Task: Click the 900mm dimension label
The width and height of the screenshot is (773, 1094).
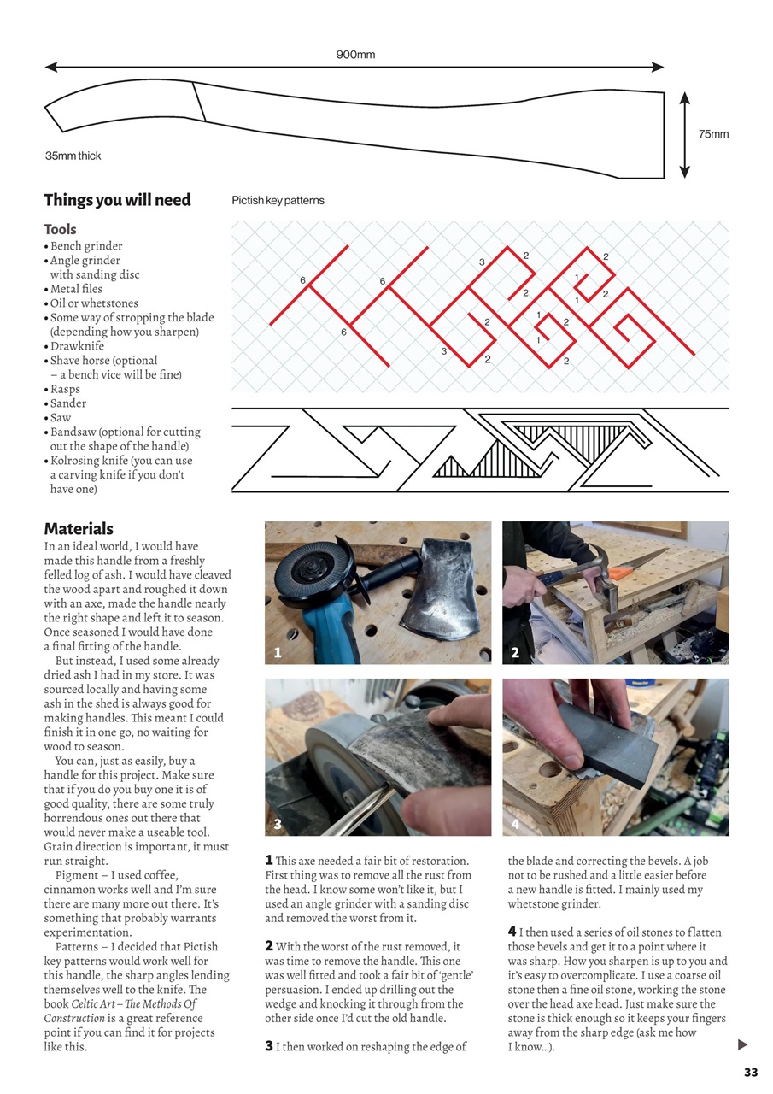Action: pos(355,55)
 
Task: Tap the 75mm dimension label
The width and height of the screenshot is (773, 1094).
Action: pos(713,134)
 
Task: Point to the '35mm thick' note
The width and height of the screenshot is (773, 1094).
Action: pos(73,156)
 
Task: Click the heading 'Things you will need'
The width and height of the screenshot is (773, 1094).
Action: pos(117,200)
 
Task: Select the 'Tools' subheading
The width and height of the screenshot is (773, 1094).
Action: pos(60,229)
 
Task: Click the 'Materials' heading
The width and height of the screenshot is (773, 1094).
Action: pos(79,529)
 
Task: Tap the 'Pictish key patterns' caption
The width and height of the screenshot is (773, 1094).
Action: pos(278,201)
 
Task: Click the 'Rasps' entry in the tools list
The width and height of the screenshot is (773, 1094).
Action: pos(65,389)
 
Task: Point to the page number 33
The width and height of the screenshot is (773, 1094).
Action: pos(751,1073)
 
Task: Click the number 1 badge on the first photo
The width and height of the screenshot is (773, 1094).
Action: pos(278,653)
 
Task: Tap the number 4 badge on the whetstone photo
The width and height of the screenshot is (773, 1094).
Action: pos(515,825)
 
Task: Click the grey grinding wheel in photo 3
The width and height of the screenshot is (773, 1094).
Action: pos(320,769)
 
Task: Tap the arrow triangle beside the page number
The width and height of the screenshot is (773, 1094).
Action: pos(742,1044)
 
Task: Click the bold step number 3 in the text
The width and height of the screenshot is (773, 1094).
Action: pos(269,1045)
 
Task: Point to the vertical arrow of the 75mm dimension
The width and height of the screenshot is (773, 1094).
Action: pos(684,134)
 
